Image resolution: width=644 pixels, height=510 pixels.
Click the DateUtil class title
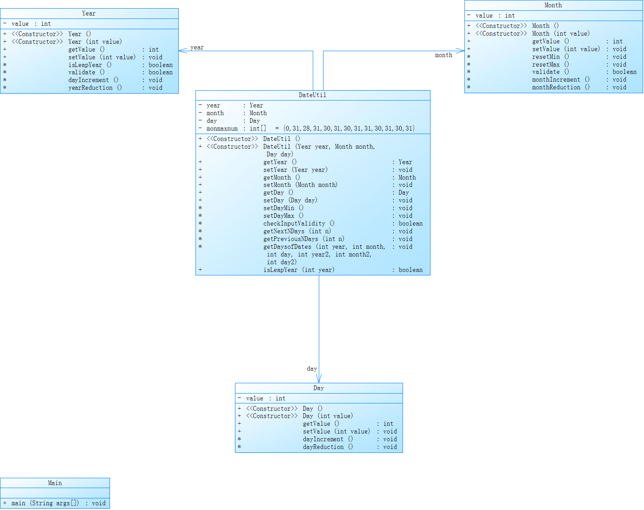coord(312,95)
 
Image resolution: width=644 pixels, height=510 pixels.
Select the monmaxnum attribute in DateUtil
coord(222,128)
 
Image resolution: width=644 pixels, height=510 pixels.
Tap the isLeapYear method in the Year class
coord(85,65)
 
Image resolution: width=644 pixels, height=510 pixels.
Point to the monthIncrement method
coord(556,79)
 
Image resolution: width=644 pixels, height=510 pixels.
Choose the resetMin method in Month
coord(546,57)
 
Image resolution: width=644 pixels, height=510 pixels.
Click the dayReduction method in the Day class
coord(323,447)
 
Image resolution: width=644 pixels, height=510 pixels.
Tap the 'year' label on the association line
coord(197,47)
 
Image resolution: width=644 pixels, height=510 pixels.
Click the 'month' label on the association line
coord(443,55)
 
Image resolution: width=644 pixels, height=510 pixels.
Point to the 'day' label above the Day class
coord(311,369)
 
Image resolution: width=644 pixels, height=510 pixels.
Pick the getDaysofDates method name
coord(287,247)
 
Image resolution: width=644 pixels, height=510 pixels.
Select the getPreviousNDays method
coord(290,239)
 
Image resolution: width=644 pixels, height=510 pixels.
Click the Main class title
coord(55,483)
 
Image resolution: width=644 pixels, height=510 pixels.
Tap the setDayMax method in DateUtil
coord(278,216)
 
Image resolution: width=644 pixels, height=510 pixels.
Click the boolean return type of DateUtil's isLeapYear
coord(410,270)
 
